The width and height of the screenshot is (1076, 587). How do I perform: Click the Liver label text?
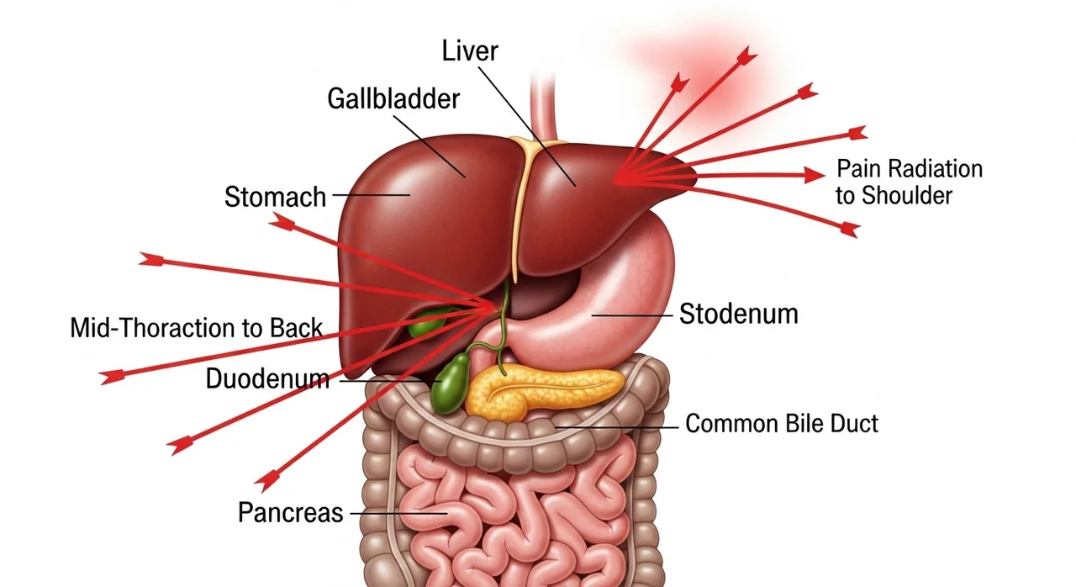click(x=470, y=50)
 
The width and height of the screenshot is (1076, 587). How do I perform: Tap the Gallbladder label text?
click(x=393, y=98)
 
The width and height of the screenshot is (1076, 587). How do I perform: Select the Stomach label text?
click(x=275, y=197)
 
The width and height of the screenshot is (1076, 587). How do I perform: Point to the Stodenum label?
click(x=738, y=314)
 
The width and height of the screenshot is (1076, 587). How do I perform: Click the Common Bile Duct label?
click(x=782, y=422)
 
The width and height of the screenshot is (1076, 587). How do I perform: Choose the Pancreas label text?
click(x=291, y=512)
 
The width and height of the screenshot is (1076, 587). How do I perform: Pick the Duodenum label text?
click(x=267, y=378)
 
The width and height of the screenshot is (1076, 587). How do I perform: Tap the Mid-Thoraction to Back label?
click(x=196, y=327)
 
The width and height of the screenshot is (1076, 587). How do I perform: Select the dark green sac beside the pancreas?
click(x=451, y=383)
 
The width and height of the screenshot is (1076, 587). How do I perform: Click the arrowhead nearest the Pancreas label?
click(x=267, y=482)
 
